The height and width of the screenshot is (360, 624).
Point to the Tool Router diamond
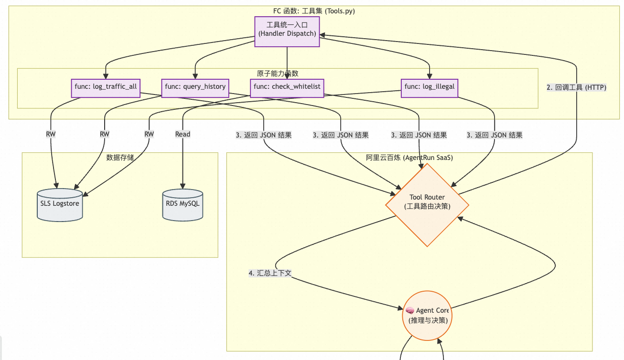point(427,205)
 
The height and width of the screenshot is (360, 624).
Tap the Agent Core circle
point(427,315)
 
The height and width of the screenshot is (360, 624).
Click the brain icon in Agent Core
point(410,310)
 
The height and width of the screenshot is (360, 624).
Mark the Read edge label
point(183,134)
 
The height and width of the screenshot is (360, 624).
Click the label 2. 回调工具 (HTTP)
point(576,87)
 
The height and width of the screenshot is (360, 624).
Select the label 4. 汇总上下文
point(270,273)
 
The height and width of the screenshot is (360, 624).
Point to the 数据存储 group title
point(119,158)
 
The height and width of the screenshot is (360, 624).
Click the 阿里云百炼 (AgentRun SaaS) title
point(409,158)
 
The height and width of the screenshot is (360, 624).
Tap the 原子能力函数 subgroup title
point(278,73)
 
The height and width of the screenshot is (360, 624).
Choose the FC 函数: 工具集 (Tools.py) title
point(314,11)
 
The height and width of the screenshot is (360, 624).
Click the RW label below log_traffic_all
point(51,134)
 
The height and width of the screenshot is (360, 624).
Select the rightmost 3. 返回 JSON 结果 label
point(495,135)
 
